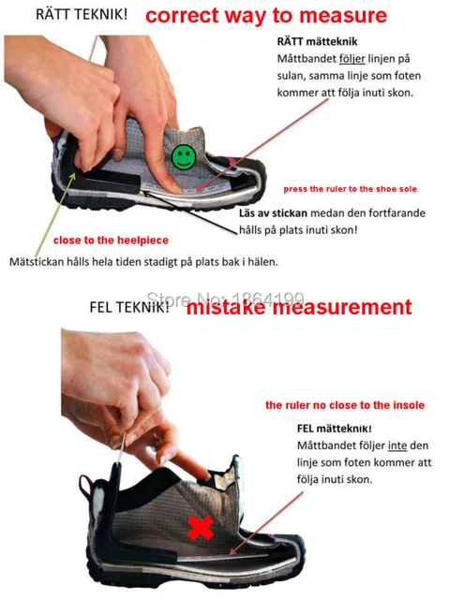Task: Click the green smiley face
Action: coord(184,156)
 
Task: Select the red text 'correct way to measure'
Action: coord(264,15)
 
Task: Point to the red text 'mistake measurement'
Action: coord(297,307)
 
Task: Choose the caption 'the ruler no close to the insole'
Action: coord(344,405)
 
